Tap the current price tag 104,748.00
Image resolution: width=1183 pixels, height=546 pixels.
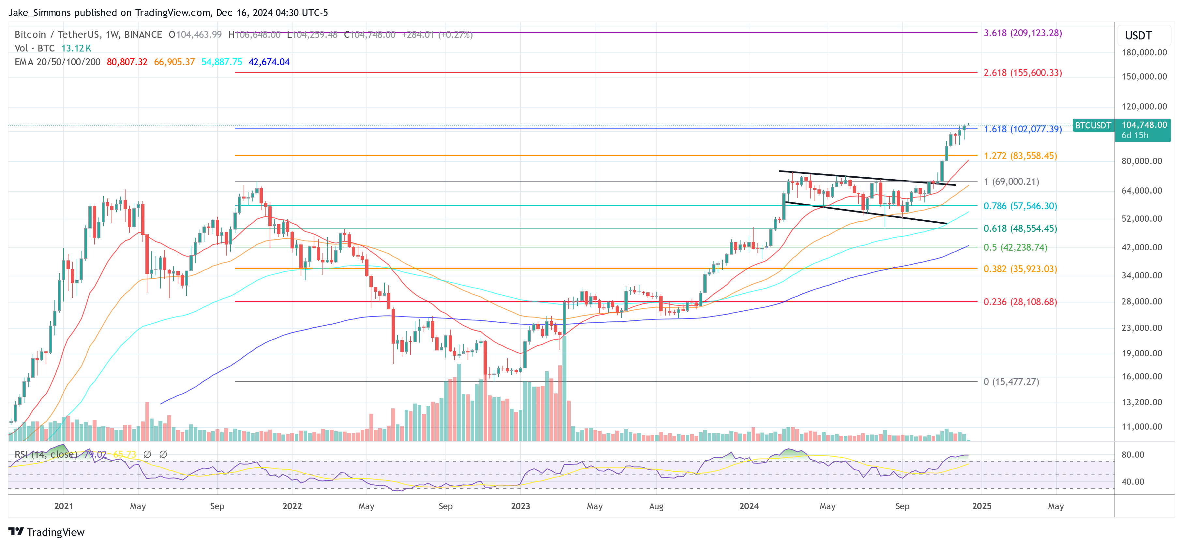(x=1144, y=125)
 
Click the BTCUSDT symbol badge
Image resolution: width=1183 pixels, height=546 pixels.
(x=1093, y=125)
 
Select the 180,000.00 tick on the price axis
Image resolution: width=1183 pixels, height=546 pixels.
(x=1144, y=52)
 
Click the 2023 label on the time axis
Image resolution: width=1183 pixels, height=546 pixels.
(x=520, y=506)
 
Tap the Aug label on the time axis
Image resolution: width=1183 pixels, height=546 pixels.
(x=656, y=506)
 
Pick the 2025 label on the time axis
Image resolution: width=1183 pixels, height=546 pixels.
(x=981, y=506)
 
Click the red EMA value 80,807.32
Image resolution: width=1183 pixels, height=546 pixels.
(x=127, y=62)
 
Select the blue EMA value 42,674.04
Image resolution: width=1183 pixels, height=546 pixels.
(x=269, y=62)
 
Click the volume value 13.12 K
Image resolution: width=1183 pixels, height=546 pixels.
(x=76, y=48)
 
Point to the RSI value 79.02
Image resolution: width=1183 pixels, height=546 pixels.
(x=95, y=454)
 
